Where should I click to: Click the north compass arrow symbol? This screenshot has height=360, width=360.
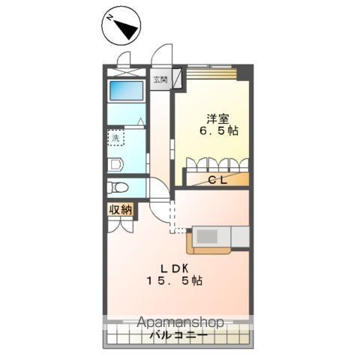[121, 27]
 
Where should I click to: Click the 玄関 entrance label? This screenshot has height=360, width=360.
[160, 79]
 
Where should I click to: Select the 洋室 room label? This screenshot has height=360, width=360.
[217, 117]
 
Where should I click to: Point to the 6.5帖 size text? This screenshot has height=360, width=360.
[218, 130]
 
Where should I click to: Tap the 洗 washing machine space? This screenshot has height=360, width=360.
[117, 138]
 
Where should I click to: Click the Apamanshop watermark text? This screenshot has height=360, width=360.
[179, 322]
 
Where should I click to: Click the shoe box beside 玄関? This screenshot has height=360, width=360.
[178, 78]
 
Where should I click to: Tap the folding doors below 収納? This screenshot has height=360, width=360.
[120, 224]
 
